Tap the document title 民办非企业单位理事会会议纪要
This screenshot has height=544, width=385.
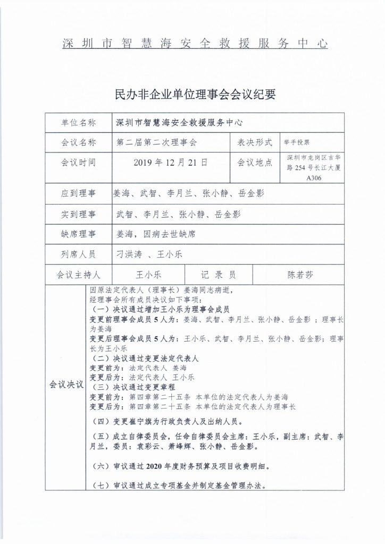[x=192, y=95]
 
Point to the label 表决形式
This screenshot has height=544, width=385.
[x=254, y=143]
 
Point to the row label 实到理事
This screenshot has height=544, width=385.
[x=79, y=215]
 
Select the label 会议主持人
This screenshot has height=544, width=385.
[x=79, y=275]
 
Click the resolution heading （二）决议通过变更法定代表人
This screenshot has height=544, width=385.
[x=145, y=359]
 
